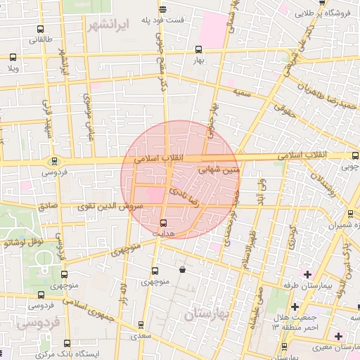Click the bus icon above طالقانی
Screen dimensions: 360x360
pos(40,30)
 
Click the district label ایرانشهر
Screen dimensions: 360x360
pos(111,25)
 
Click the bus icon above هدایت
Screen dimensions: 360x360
pos(165,223)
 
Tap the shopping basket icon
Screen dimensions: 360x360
pos(183,269)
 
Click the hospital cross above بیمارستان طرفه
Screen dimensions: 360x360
pos(307,273)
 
